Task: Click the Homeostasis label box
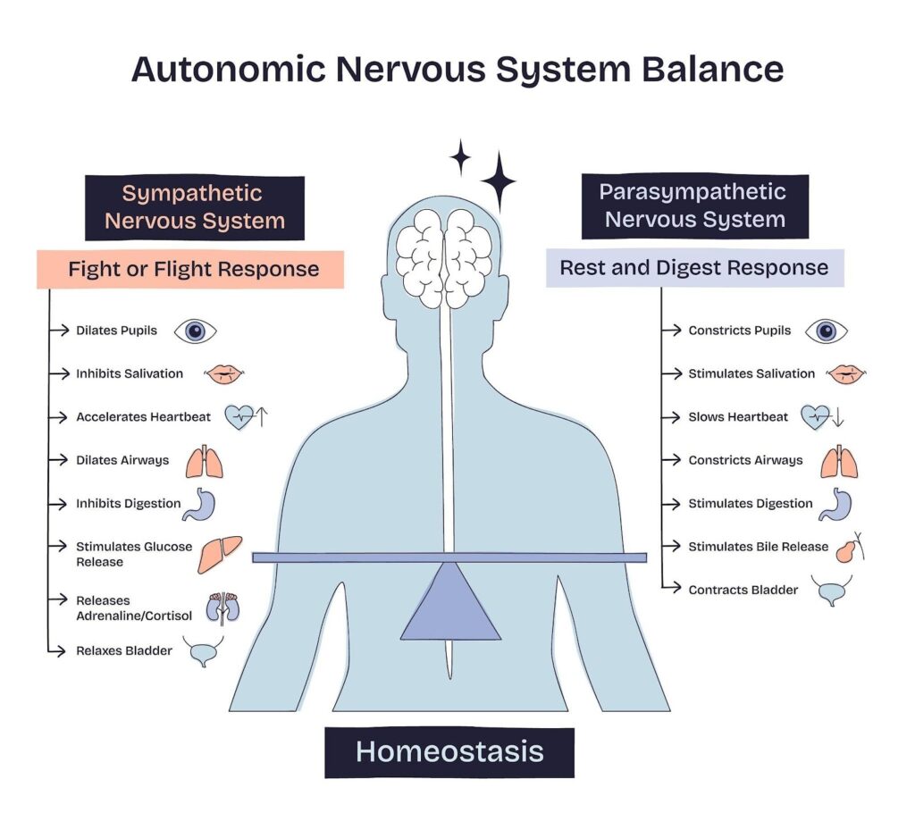tap(449, 751)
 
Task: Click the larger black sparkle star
tap(498, 181)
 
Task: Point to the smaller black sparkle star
tap(460, 158)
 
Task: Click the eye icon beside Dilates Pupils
tap(195, 331)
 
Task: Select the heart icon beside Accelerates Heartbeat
tap(239, 417)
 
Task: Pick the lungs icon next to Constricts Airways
tap(839, 461)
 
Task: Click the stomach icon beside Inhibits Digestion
tap(200, 504)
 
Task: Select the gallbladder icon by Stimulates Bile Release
tap(850, 547)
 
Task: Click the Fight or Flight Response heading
tap(193, 269)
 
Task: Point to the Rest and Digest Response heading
tap(693, 267)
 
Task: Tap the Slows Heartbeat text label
tap(738, 417)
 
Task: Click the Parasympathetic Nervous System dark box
tap(694, 205)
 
